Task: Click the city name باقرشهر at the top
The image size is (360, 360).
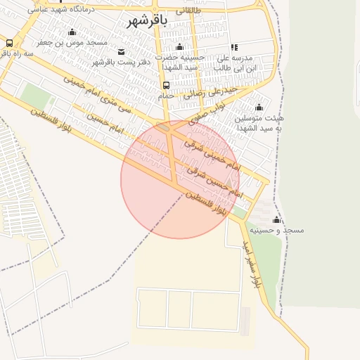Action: click(x=147, y=20)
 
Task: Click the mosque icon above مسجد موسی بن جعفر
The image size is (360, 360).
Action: click(x=72, y=32)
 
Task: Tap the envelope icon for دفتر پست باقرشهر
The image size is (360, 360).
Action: click(x=122, y=51)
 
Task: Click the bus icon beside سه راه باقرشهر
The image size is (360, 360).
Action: click(x=8, y=42)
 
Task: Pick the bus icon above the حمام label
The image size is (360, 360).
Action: click(x=166, y=85)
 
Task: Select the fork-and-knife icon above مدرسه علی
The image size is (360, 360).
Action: click(x=233, y=47)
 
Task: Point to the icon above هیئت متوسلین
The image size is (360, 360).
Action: click(x=259, y=107)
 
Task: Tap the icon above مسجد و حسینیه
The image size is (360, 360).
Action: click(x=276, y=220)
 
